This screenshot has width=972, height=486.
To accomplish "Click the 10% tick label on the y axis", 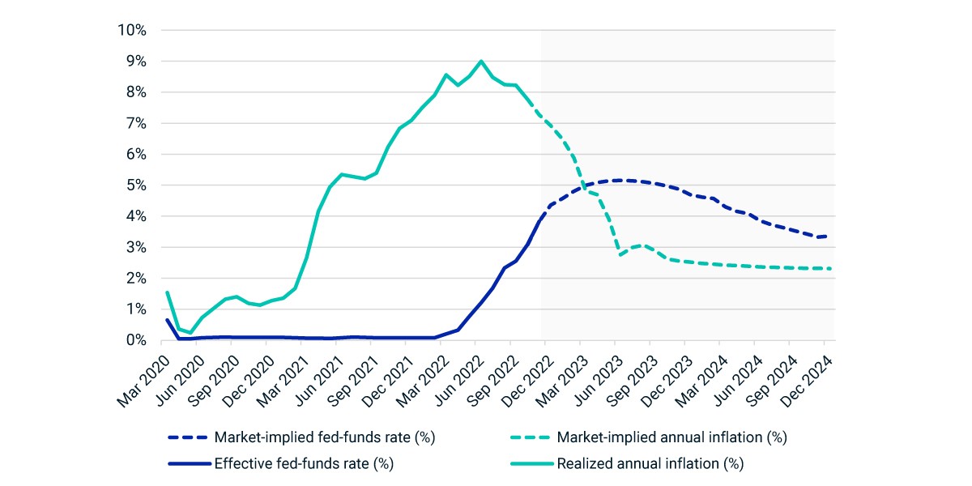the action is coord(132,31).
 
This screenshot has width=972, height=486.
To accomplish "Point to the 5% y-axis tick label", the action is coord(136,185).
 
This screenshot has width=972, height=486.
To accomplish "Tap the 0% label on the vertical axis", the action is coord(136,340).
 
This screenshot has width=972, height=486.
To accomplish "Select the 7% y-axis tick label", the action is coord(136,123).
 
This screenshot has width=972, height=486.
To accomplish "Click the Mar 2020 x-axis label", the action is coord(143,382).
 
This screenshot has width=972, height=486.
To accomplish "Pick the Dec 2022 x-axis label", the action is coord(527,382).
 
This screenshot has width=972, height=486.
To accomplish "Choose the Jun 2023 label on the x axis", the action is coord(599,382).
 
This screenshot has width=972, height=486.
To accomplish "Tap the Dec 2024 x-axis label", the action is coord(807,382).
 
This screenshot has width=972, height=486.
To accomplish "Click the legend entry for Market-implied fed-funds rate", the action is coord(325,437).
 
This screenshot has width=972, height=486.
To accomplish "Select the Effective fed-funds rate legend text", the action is coord(304,463).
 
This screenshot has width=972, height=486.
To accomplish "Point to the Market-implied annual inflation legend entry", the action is coord(671,437).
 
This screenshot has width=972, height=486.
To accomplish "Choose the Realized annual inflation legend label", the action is coord(650,463).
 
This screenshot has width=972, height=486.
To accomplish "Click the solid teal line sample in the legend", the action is coord(532,464).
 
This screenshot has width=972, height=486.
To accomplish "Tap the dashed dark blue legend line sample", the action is coord(188,438).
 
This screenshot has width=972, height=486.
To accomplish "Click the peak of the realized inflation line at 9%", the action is coord(481,62).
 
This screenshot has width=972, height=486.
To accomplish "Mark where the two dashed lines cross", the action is coord(585,186).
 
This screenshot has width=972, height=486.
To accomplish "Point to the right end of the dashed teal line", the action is coord(830,269).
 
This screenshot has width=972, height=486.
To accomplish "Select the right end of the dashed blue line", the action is coord(825,237).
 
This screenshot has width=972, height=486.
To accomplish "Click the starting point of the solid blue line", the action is coord(167,320).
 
